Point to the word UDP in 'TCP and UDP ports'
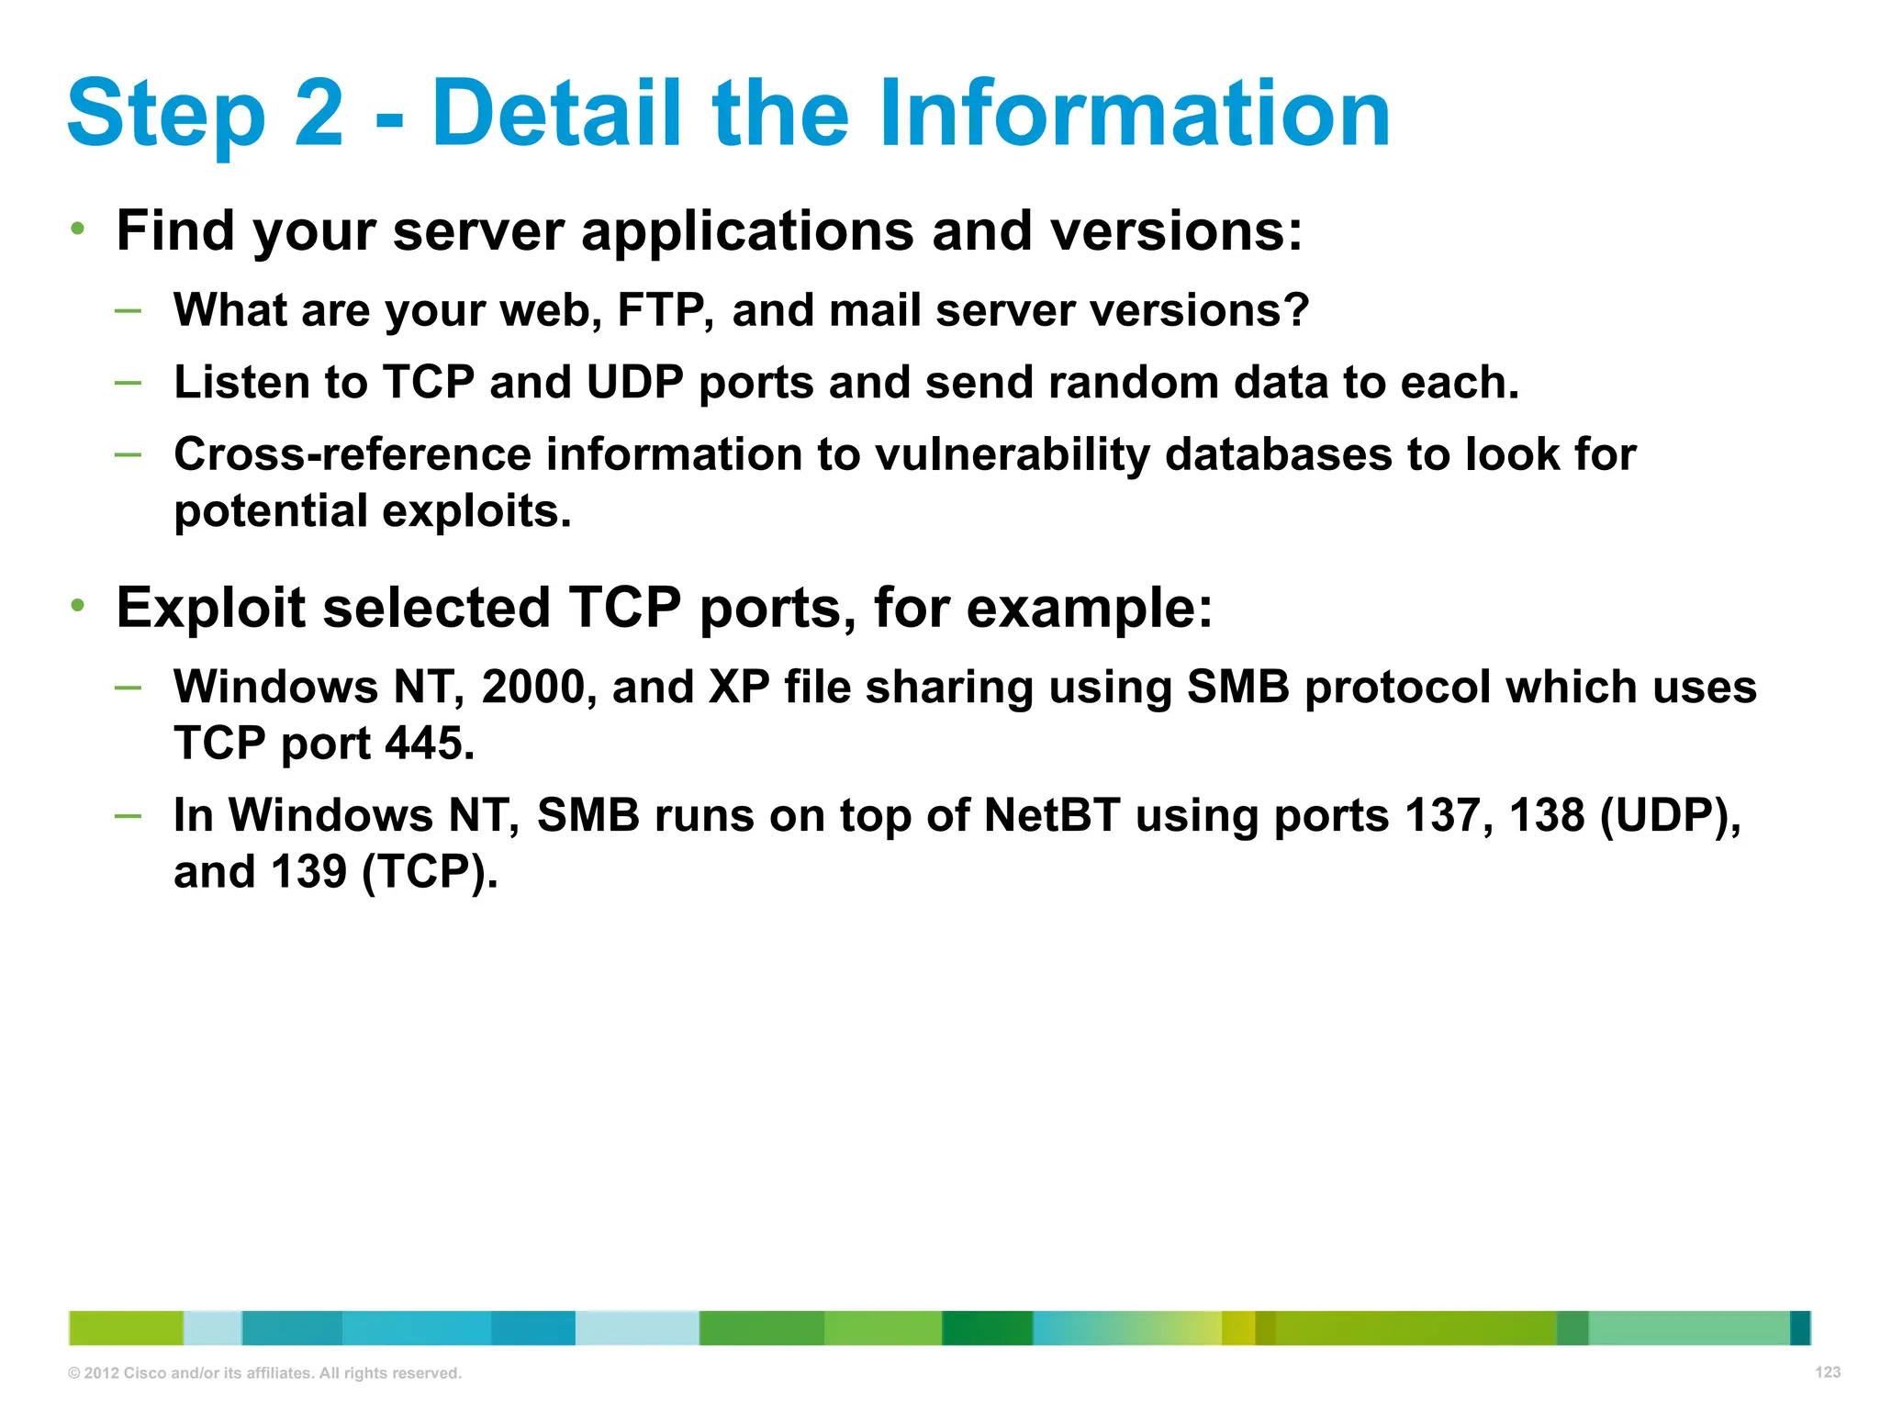click(x=634, y=382)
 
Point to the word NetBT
click(x=1052, y=815)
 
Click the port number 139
click(x=308, y=871)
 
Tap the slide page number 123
click(x=1828, y=1372)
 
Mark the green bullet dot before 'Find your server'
click(x=78, y=228)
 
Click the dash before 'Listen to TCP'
click(x=129, y=381)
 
